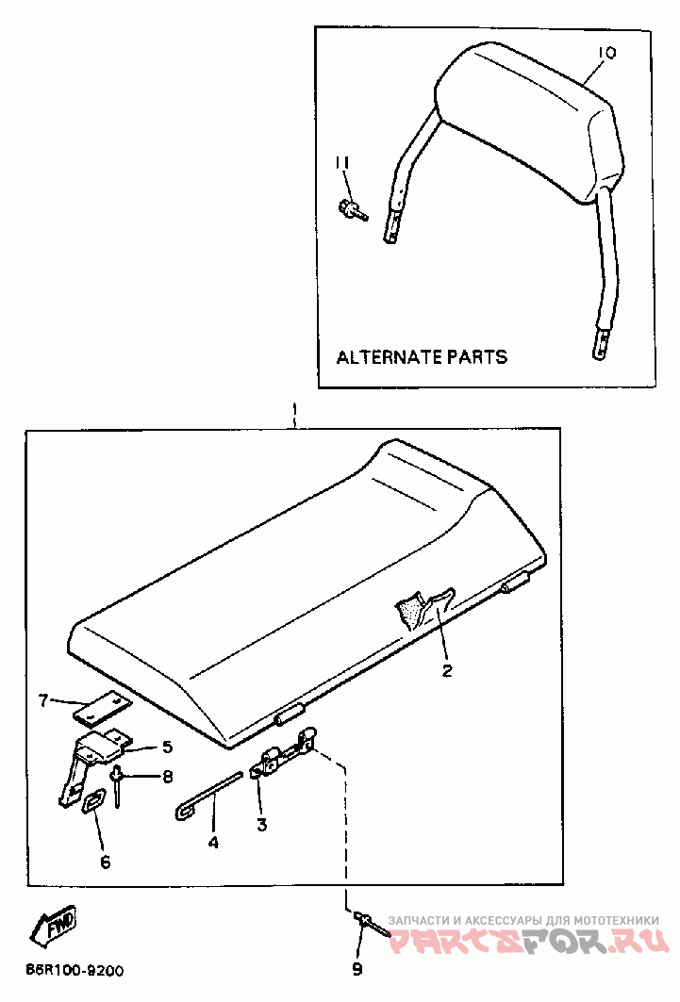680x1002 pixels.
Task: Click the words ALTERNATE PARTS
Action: (x=422, y=357)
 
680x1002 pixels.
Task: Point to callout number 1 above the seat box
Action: (x=294, y=411)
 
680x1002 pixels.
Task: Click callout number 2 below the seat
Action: (x=447, y=671)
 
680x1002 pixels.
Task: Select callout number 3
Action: (x=261, y=825)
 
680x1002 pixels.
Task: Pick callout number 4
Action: (x=213, y=842)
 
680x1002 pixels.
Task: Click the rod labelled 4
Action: (x=211, y=795)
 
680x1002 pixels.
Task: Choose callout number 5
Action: (x=167, y=747)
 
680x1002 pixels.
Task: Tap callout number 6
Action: (x=105, y=862)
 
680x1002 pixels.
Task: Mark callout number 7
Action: (x=43, y=699)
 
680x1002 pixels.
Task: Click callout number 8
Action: (x=167, y=778)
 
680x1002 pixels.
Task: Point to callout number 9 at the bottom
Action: (x=357, y=969)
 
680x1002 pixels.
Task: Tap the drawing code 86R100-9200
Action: (x=74, y=970)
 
